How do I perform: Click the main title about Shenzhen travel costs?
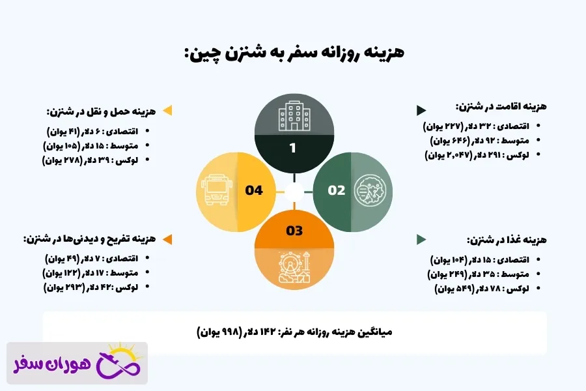tap(294, 53)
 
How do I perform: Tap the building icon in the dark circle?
tap(293, 117)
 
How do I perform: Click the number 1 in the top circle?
tap(293, 148)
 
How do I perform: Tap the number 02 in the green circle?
tap(337, 190)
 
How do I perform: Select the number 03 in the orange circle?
tap(294, 230)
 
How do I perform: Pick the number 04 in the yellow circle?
tap(254, 190)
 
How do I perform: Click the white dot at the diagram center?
tap(294, 191)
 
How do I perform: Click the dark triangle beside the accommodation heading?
tap(421, 110)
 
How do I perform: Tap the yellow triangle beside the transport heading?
tap(167, 110)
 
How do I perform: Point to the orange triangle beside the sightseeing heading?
tap(167, 239)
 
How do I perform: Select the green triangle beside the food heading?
tap(421, 239)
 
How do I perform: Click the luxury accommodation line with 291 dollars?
tap(478, 154)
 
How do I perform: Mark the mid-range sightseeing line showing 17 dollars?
tap(96, 272)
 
